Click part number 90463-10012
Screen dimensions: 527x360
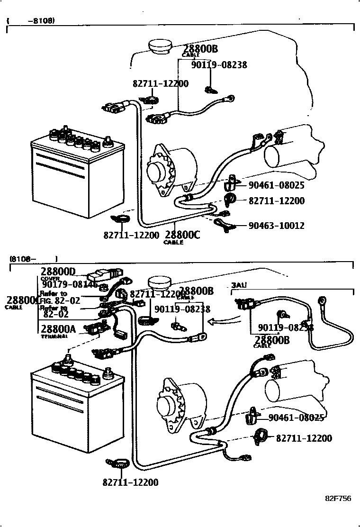click(x=276, y=226)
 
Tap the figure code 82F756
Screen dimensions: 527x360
click(x=338, y=498)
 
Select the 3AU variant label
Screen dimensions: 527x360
click(x=239, y=285)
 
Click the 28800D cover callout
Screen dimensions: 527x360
click(x=58, y=272)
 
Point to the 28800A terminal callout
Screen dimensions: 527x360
click(x=58, y=329)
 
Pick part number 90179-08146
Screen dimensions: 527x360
click(x=69, y=284)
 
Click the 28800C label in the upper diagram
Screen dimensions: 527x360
click(x=182, y=235)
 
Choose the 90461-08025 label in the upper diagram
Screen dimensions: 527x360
click(x=276, y=185)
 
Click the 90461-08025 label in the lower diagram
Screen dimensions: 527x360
click(x=296, y=418)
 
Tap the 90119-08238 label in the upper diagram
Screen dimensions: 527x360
click(x=219, y=65)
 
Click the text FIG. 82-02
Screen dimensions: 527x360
click(x=60, y=300)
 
